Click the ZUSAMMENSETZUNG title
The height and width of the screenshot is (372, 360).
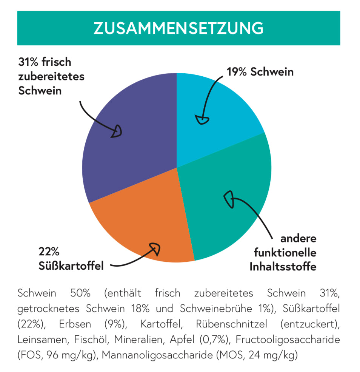178,28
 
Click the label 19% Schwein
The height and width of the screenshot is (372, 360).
260,72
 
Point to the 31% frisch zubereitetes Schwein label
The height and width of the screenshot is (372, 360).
51,76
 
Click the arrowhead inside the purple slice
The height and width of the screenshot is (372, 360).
117,131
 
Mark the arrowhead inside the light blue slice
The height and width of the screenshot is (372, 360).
203,120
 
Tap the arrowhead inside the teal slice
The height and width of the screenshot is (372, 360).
229,199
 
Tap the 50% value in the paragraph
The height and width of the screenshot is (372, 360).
80,293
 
